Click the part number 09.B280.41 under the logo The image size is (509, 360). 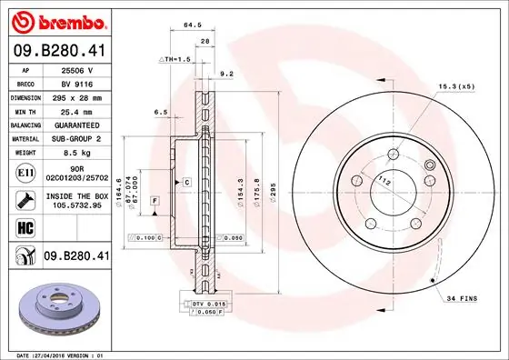point(57,52)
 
